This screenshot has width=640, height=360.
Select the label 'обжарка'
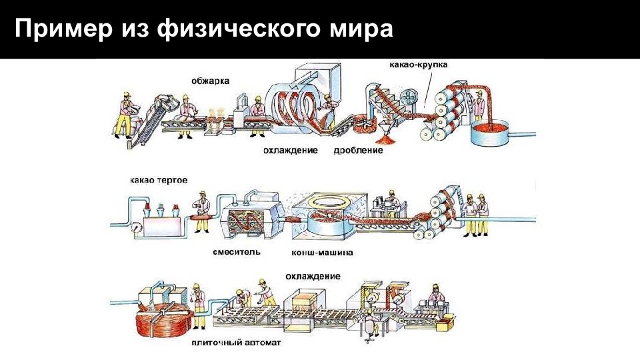coord(211,81)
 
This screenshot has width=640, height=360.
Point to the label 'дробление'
coord(359,151)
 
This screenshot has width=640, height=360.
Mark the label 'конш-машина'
coord(323,253)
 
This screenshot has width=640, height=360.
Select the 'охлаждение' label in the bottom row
coord(313,276)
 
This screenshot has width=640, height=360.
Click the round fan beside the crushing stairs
coord(412,97)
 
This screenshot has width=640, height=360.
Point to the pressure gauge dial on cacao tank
coord(136,225)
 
